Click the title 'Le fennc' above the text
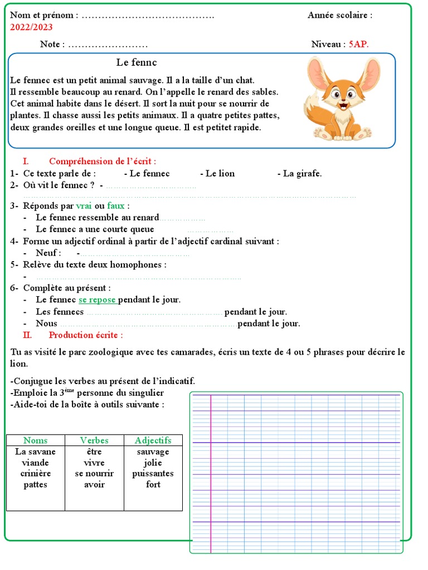click(x=137, y=62)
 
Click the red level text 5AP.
click(x=358, y=44)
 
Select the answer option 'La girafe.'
click(x=299, y=173)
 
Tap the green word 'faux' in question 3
click(x=116, y=205)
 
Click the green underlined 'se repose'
click(x=98, y=299)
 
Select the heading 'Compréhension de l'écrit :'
click(x=103, y=161)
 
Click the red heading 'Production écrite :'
click(x=86, y=335)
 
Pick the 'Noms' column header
click(x=35, y=440)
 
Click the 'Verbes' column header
click(x=94, y=440)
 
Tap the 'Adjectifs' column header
click(x=153, y=440)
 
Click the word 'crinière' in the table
click(x=35, y=474)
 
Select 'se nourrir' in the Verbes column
click(x=94, y=474)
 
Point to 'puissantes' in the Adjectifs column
click(x=153, y=474)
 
